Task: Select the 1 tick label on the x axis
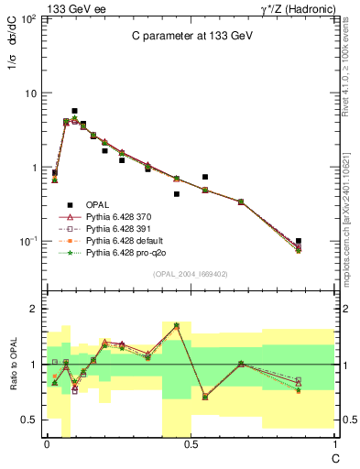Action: click(333, 444)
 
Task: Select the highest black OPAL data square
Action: click(74, 111)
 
